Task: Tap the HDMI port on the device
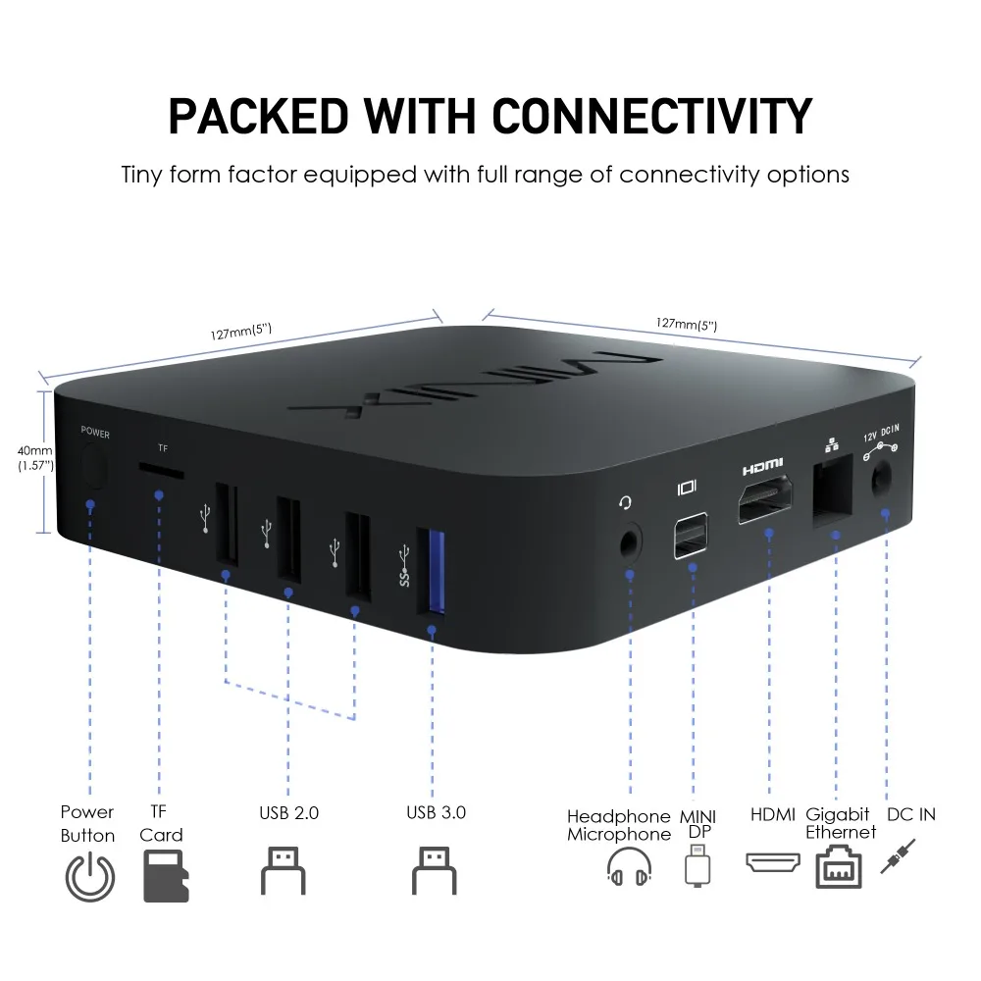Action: click(764, 499)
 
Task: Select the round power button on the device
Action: click(94, 465)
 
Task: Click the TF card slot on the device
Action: click(162, 471)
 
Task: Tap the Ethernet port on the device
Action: click(833, 490)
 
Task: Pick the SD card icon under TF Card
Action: click(166, 875)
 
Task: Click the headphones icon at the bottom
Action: click(630, 867)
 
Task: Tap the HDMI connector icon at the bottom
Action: click(773, 862)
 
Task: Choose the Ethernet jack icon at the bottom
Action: click(839, 867)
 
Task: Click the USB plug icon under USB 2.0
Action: click(283, 871)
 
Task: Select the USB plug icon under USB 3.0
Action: click(435, 871)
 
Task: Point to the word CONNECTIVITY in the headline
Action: click(652, 117)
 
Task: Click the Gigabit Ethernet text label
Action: click(841, 823)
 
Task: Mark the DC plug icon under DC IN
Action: click(898, 857)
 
